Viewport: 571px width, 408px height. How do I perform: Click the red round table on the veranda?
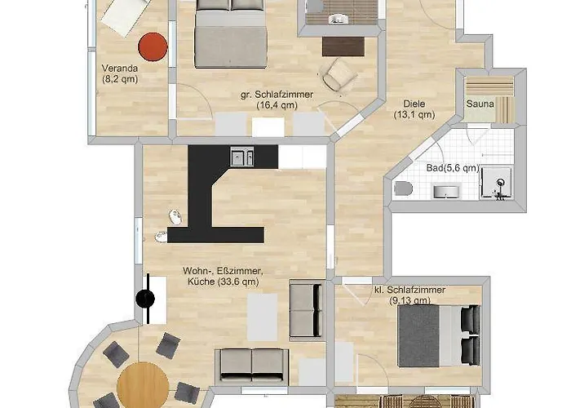(x=153, y=47)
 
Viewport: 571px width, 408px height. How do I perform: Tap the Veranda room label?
(x=120, y=73)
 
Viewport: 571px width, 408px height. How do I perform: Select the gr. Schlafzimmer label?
(x=277, y=100)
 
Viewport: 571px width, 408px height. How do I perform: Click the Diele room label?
(x=414, y=109)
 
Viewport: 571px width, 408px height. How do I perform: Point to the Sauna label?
(x=480, y=104)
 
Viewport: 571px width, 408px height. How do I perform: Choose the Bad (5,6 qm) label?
(x=453, y=168)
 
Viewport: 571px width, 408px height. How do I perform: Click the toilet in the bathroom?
(x=403, y=188)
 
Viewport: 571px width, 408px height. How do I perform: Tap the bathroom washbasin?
(x=446, y=192)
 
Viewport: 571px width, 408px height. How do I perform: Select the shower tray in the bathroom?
(x=497, y=184)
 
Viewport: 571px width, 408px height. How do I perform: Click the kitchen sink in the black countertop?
(x=242, y=157)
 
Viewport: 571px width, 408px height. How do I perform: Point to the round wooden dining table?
(x=143, y=385)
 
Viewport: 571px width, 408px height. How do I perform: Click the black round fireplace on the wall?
(x=145, y=299)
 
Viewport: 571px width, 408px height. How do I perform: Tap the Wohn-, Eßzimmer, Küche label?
(x=223, y=276)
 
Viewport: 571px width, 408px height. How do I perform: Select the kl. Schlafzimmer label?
(x=410, y=295)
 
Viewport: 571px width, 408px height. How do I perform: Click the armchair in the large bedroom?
(x=339, y=75)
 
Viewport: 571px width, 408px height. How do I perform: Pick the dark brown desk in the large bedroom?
(x=343, y=47)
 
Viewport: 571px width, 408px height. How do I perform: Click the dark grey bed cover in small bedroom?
(x=418, y=336)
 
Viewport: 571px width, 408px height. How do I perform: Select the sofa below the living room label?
(x=252, y=366)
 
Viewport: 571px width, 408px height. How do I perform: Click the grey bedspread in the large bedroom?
(x=231, y=47)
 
